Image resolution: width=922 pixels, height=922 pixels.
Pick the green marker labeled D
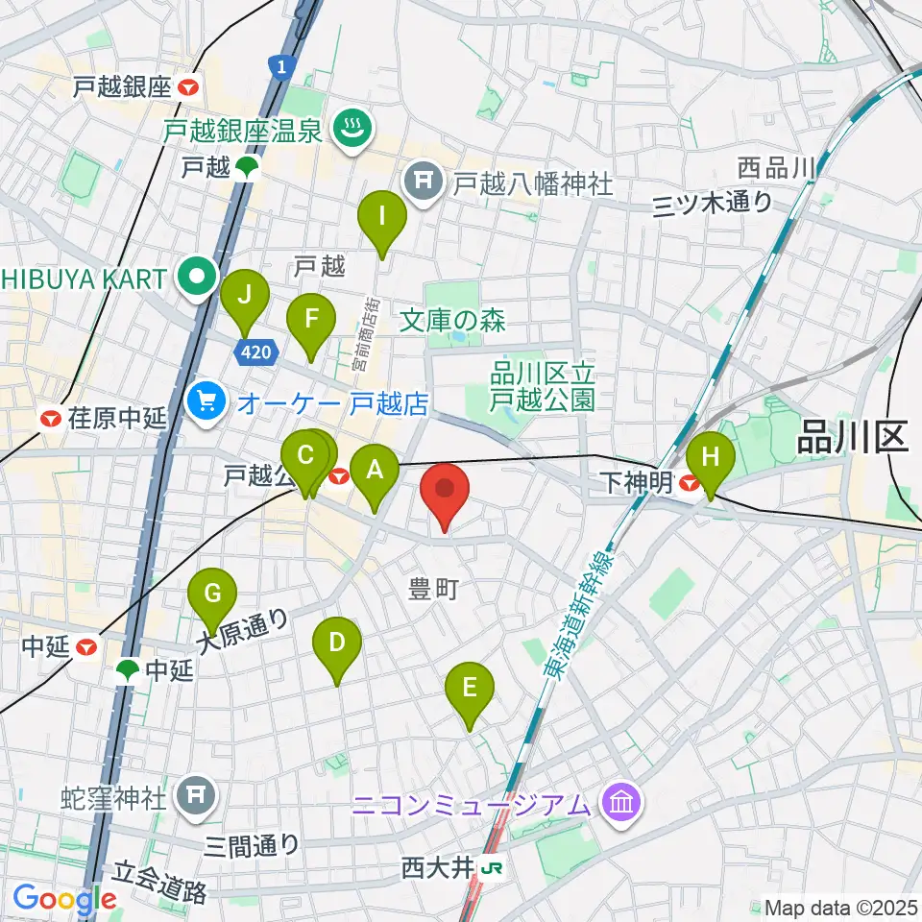pyautogui.click(x=336, y=642)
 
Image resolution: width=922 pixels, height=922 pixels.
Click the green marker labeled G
pyautogui.click(x=212, y=593)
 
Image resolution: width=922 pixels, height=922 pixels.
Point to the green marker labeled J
pyautogui.click(x=244, y=295)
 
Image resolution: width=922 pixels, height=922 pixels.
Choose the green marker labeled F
pyautogui.click(x=310, y=318)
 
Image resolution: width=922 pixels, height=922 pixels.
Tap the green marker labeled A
pyautogui.click(x=374, y=470)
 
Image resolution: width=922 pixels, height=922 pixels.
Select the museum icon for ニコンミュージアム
pyautogui.click(x=620, y=802)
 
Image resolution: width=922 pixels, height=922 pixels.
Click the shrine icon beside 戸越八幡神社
pyautogui.click(x=421, y=179)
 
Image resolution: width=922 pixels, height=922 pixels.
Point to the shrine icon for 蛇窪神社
pyautogui.click(x=196, y=794)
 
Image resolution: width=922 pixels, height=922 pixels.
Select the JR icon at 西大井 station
pyautogui.click(x=494, y=869)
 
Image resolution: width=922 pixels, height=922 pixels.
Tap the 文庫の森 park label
pyautogui.click(x=452, y=319)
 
